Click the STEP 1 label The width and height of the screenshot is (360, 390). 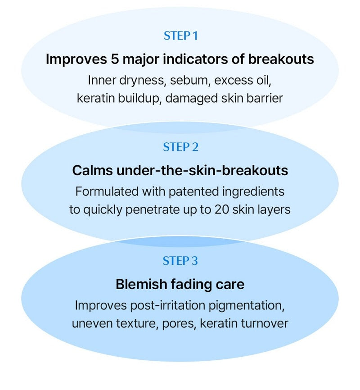pos(181,36)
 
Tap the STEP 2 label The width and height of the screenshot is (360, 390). pos(181,147)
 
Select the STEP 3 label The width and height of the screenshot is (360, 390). pos(180,261)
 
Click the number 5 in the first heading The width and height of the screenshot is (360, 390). pos(115,59)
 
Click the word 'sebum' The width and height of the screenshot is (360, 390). pos(189,80)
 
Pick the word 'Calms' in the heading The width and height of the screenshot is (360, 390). pos(93,171)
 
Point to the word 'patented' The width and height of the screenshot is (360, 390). pos(193,192)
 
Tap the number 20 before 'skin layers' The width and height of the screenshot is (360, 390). pos(222,210)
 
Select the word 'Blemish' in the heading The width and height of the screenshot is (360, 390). pos(141,284)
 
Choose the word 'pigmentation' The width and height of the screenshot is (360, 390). pos(247,306)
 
